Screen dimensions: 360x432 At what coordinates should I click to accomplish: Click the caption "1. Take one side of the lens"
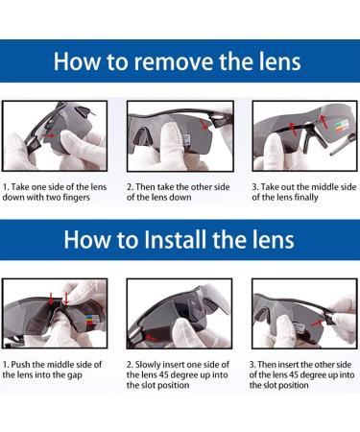pyautogui.click(x=55, y=187)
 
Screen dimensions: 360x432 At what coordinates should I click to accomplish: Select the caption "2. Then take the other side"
pyautogui.click(x=179, y=187)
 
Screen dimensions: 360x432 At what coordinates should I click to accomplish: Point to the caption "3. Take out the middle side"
pyautogui.click(x=304, y=187)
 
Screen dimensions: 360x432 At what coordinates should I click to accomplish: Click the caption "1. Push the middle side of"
pyautogui.click(x=52, y=365)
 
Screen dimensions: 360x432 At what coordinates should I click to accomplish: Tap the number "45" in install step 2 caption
pyautogui.click(x=164, y=374)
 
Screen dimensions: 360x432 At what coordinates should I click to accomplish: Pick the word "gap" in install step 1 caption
pyautogui.click(x=75, y=375)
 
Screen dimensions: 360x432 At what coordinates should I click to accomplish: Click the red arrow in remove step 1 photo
pyautogui.click(x=49, y=136)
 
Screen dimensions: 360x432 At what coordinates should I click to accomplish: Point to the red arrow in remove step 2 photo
pyautogui.click(x=203, y=124)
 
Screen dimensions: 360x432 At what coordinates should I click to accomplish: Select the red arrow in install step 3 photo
pyautogui.click(x=317, y=324)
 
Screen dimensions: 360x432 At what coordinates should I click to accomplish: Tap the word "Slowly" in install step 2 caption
pyautogui.click(x=148, y=365)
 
